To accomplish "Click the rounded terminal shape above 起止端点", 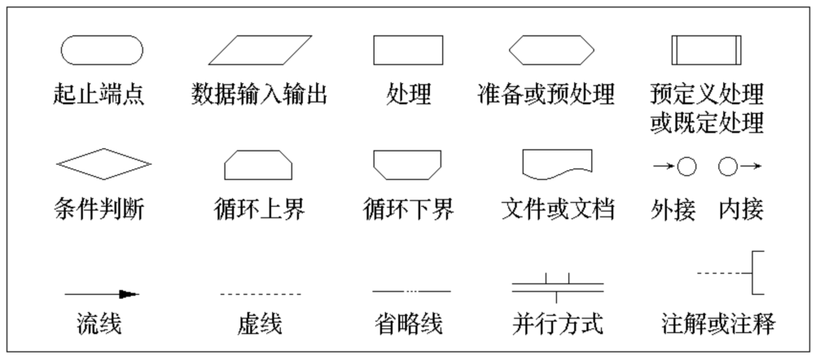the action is point(102,50).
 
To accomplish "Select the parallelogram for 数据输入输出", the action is point(260,50).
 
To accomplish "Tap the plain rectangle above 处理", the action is point(408,50).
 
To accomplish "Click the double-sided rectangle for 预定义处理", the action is point(706,50).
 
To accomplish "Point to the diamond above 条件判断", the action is point(103,163).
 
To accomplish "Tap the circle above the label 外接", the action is point(687,167).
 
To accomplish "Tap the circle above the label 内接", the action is point(728,167).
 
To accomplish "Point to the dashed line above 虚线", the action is point(261,293).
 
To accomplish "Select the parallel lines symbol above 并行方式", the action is point(558,286).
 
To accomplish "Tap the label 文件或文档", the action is point(558,209).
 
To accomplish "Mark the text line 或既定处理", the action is point(706,123).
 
